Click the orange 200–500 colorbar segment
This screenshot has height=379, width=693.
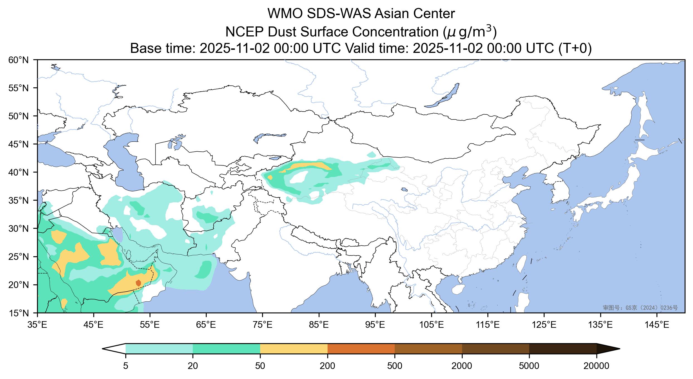point(361,349)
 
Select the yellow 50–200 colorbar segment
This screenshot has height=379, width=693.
point(294,349)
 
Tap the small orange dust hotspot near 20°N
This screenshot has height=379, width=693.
point(138,283)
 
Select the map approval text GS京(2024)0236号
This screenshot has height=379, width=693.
point(640,308)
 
